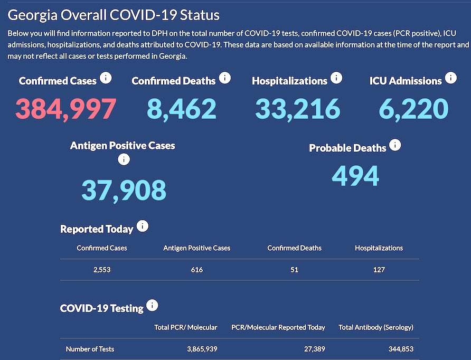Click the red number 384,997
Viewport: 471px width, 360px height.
(65, 109)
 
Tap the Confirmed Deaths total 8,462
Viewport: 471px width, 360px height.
(182, 109)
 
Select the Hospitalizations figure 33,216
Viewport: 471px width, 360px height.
(298, 109)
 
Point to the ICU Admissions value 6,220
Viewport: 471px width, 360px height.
(413, 109)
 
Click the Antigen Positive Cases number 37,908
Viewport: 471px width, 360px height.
(124, 190)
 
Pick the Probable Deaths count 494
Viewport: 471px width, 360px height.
(355, 176)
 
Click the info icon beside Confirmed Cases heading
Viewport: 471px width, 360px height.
(106, 78)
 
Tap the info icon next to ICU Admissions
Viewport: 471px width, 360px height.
(450, 78)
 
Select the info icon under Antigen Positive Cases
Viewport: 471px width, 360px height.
(124, 159)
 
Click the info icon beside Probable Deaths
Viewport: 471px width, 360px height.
(395, 145)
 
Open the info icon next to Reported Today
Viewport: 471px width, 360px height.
(143, 226)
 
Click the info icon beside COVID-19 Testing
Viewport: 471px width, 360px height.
(152, 306)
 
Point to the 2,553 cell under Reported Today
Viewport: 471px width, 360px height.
(101, 270)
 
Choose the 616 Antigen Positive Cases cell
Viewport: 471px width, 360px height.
(197, 270)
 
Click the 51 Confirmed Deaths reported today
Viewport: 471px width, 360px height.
(294, 270)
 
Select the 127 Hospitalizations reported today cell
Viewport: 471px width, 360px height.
(378, 270)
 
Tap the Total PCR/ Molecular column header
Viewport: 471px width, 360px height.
(185, 327)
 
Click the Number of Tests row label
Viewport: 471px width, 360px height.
(90, 349)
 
